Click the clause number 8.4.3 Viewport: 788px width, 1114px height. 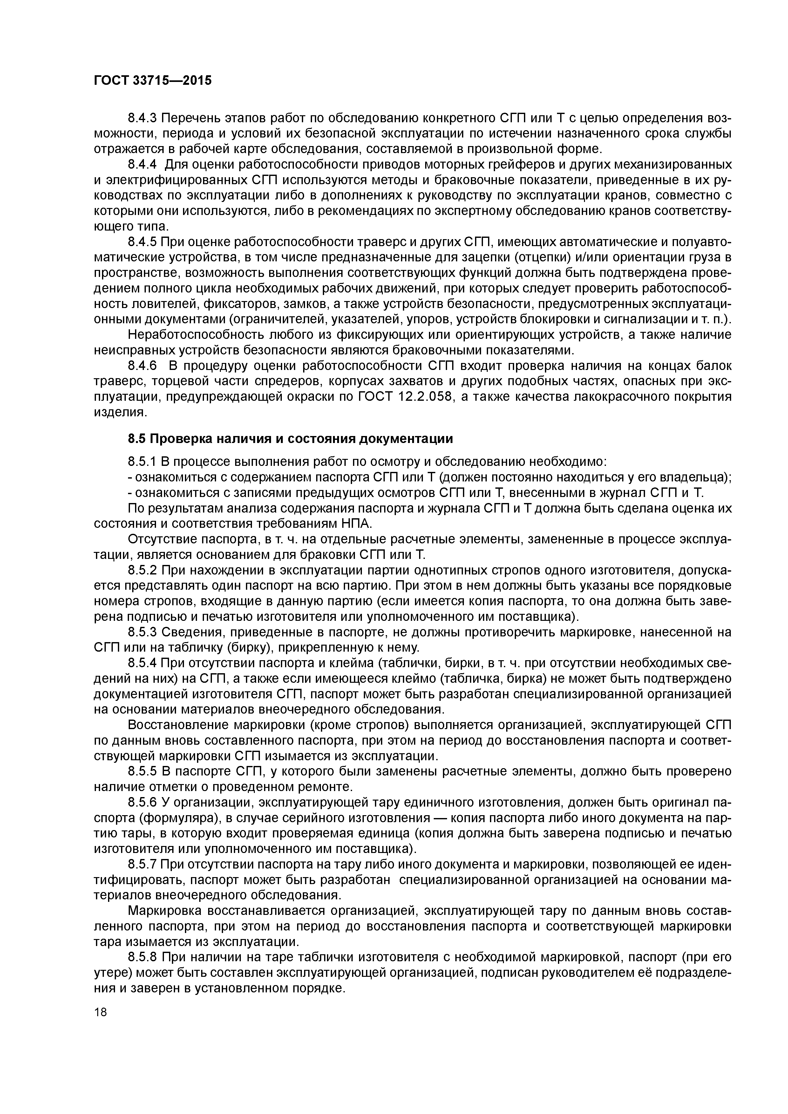[142, 118]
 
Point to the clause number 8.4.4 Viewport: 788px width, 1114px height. [142, 165]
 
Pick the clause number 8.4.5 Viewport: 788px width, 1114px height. [142, 242]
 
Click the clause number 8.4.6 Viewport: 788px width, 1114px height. [142, 366]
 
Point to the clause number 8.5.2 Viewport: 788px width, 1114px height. [142, 570]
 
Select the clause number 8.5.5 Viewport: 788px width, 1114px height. [142, 771]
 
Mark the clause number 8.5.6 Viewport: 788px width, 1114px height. [142, 802]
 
